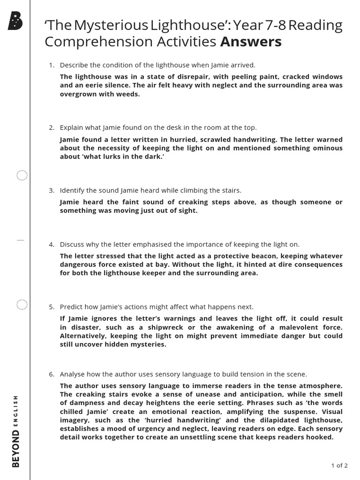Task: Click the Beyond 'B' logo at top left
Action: pyautogui.click(x=15, y=22)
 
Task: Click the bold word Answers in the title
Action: pyautogui.click(x=251, y=42)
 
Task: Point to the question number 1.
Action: pyautogui.click(x=52, y=65)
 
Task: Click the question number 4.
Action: pyautogui.click(x=52, y=244)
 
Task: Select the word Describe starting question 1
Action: pyautogui.click(x=74, y=65)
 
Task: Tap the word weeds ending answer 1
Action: pyautogui.click(x=128, y=94)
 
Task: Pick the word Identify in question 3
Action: pyautogui.click(x=73, y=190)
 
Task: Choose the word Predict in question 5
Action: pyautogui.click(x=71, y=307)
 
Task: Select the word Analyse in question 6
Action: pyautogui.click(x=73, y=374)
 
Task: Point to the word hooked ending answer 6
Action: pyautogui.click(x=320, y=437)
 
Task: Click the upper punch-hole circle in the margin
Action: pyautogui.click(x=22, y=176)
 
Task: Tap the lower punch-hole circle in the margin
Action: pyautogui.click(x=22, y=305)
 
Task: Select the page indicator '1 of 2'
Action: pyautogui.click(x=339, y=465)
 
